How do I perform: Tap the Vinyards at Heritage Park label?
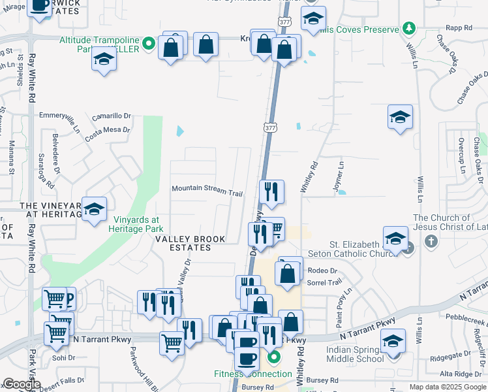(139, 224)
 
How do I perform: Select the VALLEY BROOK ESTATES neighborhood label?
(189, 239)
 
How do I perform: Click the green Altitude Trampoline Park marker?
(149, 44)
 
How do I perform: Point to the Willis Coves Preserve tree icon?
(408, 28)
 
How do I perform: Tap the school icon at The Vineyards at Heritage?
(95, 209)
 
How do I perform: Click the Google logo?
(22, 384)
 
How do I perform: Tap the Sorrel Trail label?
(324, 282)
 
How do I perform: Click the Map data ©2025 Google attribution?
(448, 387)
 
